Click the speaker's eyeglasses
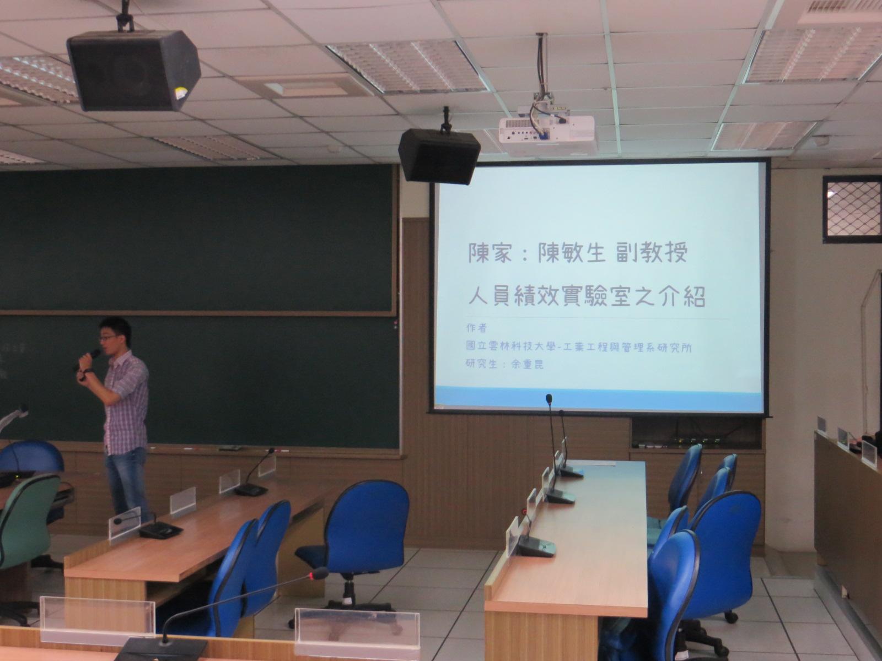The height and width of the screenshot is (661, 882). pyautogui.click(x=107, y=338)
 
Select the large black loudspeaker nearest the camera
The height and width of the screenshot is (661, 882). pyautogui.click(x=133, y=70)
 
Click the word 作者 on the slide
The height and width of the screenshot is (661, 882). pyautogui.click(x=476, y=328)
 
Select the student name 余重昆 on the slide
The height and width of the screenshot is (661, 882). pyautogui.click(x=527, y=365)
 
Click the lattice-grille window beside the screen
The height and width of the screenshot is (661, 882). pyautogui.click(x=852, y=209)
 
